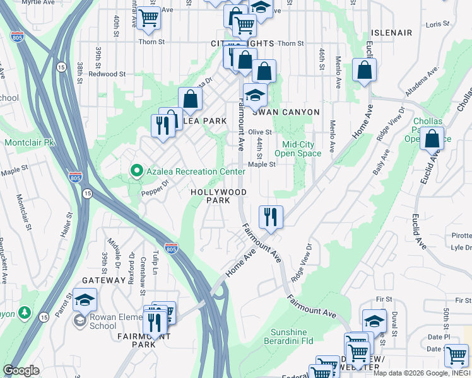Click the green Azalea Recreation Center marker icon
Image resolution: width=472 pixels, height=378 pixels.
point(136,171)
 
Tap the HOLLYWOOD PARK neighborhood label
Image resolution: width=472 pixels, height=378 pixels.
point(219,196)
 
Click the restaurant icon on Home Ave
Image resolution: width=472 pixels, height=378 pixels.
point(271,217)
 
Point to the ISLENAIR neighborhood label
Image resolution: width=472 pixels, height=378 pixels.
point(392,33)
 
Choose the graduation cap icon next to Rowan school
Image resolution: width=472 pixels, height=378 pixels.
point(85,301)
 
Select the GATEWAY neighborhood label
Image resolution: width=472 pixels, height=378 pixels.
point(103,280)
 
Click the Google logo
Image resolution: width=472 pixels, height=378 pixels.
point(21,370)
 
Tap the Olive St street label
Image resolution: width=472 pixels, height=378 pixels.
point(259,132)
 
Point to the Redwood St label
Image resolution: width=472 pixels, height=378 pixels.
point(107,74)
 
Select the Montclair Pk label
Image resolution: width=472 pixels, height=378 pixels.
point(30,142)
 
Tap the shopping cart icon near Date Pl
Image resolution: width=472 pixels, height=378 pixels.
point(456,355)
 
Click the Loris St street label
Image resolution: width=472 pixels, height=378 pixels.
point(437,24)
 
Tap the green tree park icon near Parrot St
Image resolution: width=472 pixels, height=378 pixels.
point(24,313)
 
